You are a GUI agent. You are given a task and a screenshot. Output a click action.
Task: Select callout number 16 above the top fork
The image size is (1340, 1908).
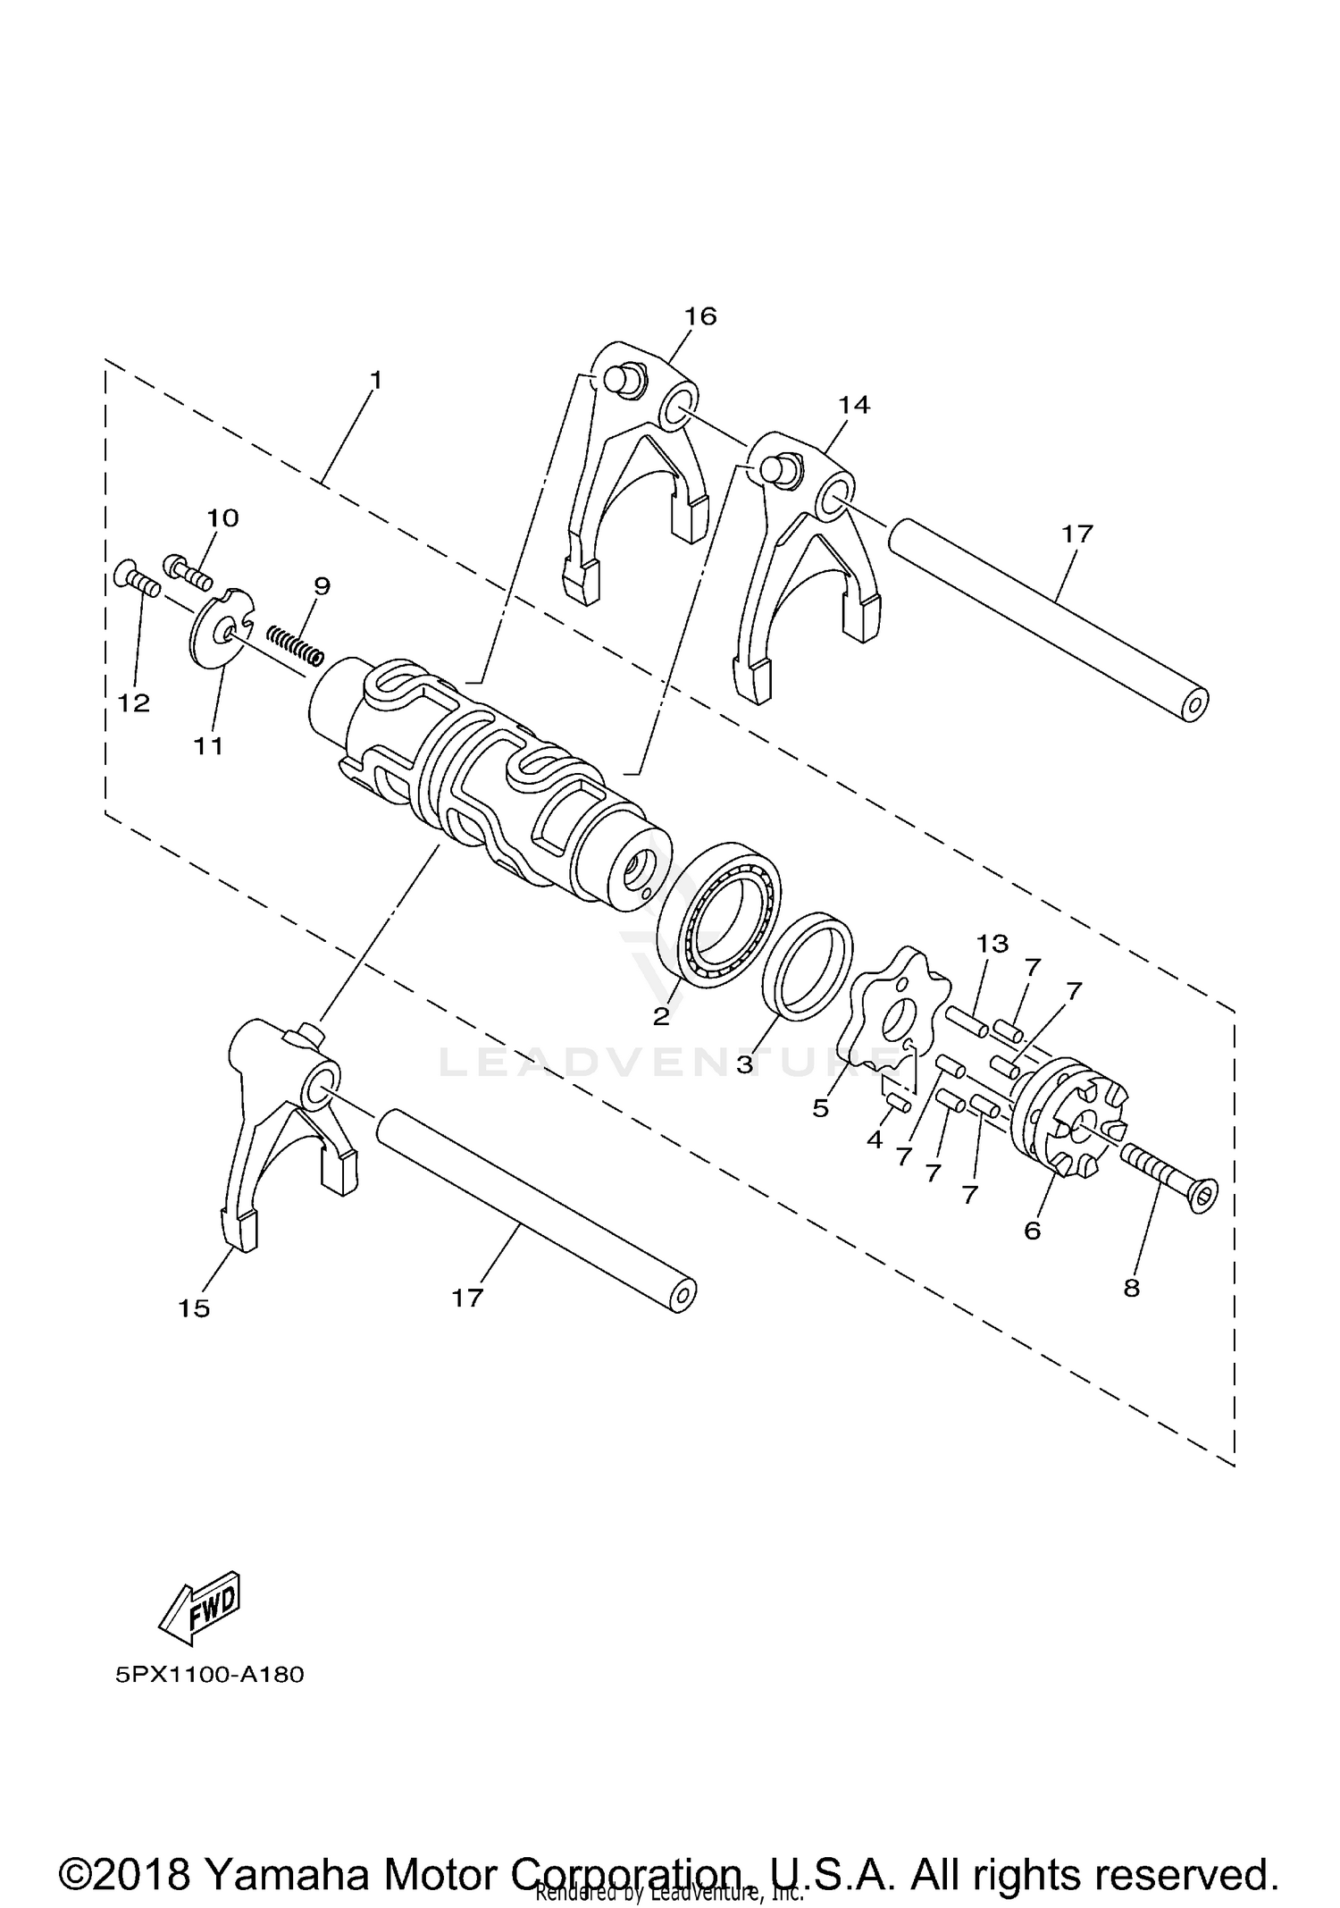(700, 316)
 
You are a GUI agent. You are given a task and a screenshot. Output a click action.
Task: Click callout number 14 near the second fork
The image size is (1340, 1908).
(853, 405)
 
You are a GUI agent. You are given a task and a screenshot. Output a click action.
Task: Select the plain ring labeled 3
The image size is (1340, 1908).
(809, 965)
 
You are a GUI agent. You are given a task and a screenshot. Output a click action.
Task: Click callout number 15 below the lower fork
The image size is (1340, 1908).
(194, 1308)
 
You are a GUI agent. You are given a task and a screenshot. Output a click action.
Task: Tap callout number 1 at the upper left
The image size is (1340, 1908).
(376, 381)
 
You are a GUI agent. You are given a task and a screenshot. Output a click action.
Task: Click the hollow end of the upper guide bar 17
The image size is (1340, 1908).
(1194, 705)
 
